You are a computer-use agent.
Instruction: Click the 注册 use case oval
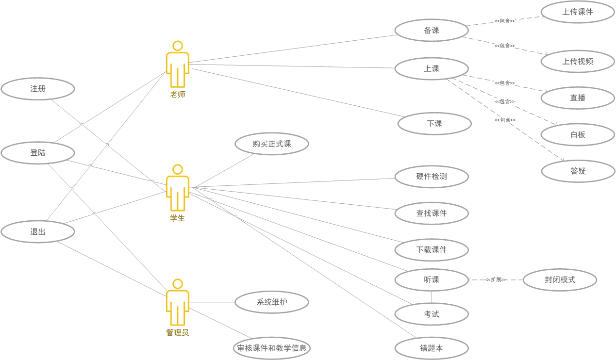pos(38,89)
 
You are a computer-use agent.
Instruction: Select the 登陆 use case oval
pos(38,153)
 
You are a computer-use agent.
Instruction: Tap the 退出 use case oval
pos(38,232)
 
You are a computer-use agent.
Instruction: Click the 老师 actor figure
pos(178,65)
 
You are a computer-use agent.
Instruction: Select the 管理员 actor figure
pos(178,303)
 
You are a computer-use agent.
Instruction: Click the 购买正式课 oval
pos(271,144)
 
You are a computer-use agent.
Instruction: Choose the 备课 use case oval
pos(432,30)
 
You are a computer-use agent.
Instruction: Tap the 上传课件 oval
pos(578,12)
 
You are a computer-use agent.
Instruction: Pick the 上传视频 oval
pos(578,62)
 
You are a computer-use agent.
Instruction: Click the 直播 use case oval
pos(578,98)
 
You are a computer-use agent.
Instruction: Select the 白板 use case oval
pos(578,135)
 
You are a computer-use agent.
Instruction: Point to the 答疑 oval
pos(578,171)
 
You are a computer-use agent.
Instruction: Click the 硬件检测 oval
pos(432,177)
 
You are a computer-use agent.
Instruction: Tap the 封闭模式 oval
pos(560,280)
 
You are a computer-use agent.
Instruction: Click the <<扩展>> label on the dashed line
pos(496,280)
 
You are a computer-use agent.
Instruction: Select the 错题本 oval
pos(432,348)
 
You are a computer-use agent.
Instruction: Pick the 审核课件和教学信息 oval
pos(271,348)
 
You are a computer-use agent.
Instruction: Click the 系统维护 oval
pos(271,302)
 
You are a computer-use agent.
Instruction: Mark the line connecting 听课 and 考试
pos(432,297)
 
